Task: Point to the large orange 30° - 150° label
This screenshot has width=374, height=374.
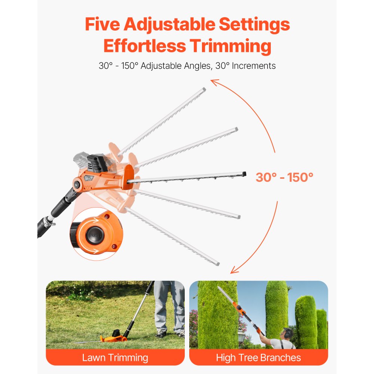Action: [x=284, y=177]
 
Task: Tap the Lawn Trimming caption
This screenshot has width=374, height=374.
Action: [x=115, y=358]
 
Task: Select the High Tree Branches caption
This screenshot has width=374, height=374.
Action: [x=258, y=358]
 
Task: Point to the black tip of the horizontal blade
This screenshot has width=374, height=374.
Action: [x=244, y=173]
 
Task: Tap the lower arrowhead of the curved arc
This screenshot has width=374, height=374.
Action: [x=234, y=270]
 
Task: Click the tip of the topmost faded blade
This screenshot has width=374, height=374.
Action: [x=203, y=89]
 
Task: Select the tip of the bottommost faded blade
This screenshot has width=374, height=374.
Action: [x=217, y=264]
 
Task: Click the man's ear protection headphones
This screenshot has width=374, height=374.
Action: [x=288, y=332]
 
